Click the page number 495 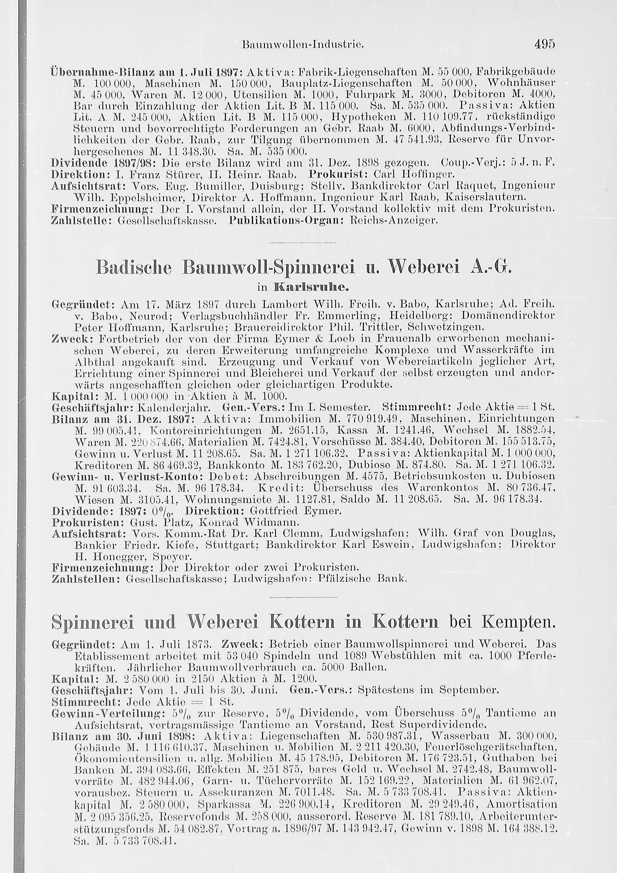545,44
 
